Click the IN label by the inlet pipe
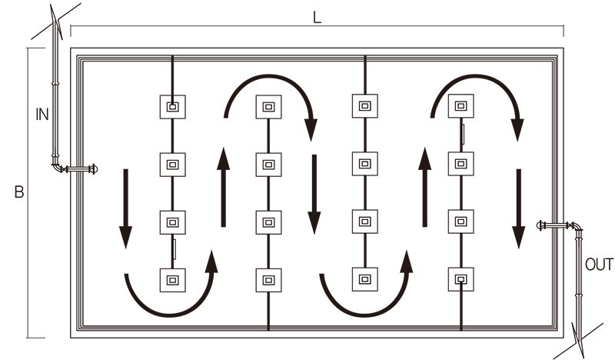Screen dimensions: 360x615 coord(42,115)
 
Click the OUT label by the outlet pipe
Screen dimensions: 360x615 coord(599,265)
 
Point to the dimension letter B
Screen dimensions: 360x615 coord(18,192)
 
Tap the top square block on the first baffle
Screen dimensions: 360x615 coord(173,107)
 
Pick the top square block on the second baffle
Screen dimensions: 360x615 coord(268,107)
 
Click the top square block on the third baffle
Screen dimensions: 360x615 coord(364,105)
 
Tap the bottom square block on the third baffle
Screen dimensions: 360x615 coord(364,278)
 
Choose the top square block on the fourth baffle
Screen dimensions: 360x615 coord(460,107)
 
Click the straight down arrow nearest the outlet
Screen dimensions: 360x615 coord(520,208)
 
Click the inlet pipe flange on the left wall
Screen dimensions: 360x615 coord(92,169)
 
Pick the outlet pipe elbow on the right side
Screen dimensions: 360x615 coord(577,228)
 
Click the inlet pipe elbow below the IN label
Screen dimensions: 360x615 coord(58,167)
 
